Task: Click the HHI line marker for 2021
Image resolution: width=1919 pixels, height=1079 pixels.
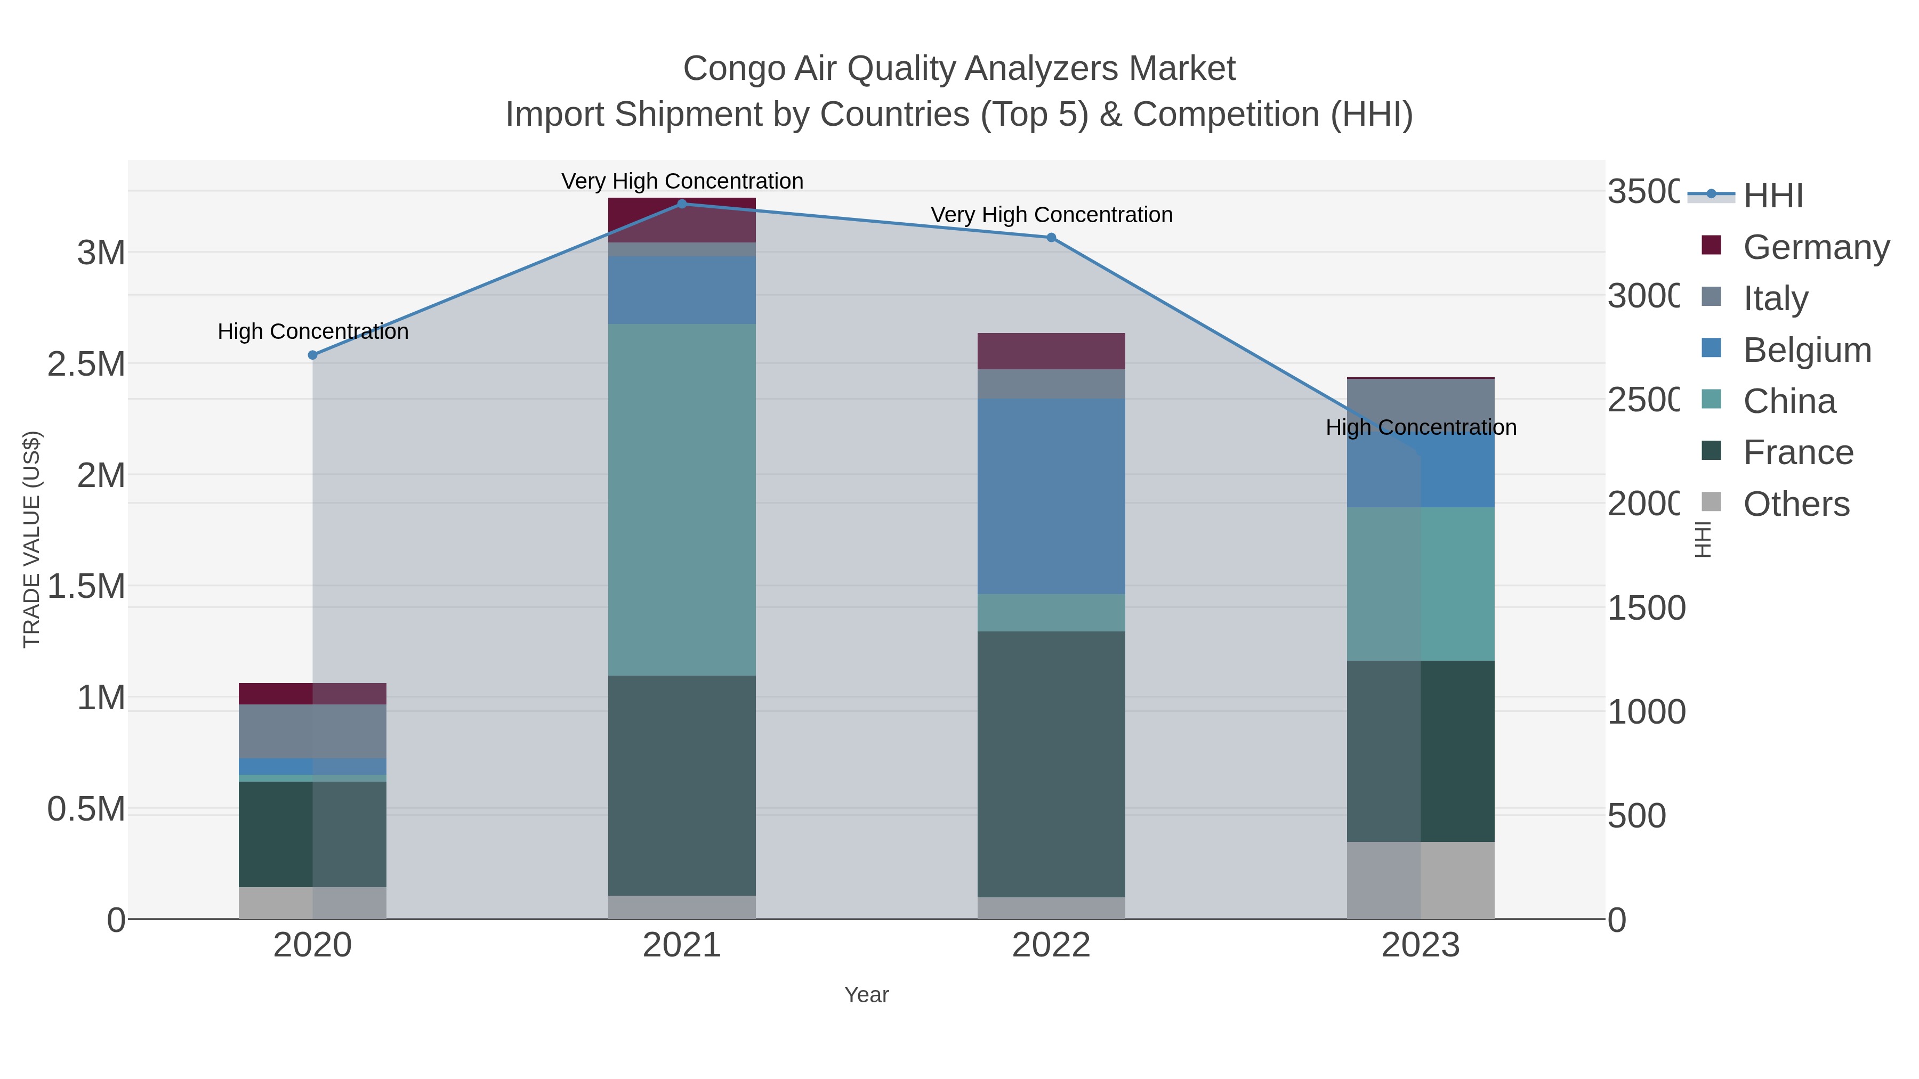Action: pos(682,204)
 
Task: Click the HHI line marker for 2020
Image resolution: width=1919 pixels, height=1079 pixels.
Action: pos(313,355)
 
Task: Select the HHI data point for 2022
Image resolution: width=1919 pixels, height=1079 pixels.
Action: pos(1051,238)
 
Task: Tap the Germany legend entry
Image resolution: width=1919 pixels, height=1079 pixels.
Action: pos(1816,247)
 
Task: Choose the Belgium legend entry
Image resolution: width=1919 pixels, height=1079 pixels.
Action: pos(1807,349)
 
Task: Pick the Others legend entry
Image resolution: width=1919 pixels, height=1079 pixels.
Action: pos(1796,504)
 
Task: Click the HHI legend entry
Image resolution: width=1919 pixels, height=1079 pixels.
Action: pos(1773,195)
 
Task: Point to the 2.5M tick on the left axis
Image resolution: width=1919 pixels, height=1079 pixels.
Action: pos(86,364)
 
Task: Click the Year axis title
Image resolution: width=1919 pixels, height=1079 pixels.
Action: pos(866,995)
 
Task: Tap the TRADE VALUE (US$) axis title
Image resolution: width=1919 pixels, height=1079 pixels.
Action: pos(31,539)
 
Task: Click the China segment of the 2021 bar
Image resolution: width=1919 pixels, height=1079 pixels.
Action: pos(682,499)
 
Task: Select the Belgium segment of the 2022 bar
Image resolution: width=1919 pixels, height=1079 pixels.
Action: pos(1051,496)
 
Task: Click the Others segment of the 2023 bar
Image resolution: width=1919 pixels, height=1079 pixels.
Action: pos(1421,880)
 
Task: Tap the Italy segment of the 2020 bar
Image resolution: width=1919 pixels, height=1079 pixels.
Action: pos(313,731)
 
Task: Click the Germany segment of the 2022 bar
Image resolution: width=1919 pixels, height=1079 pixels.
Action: pos(1051,351)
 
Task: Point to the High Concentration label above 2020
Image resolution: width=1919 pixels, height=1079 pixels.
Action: pos(313,331)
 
